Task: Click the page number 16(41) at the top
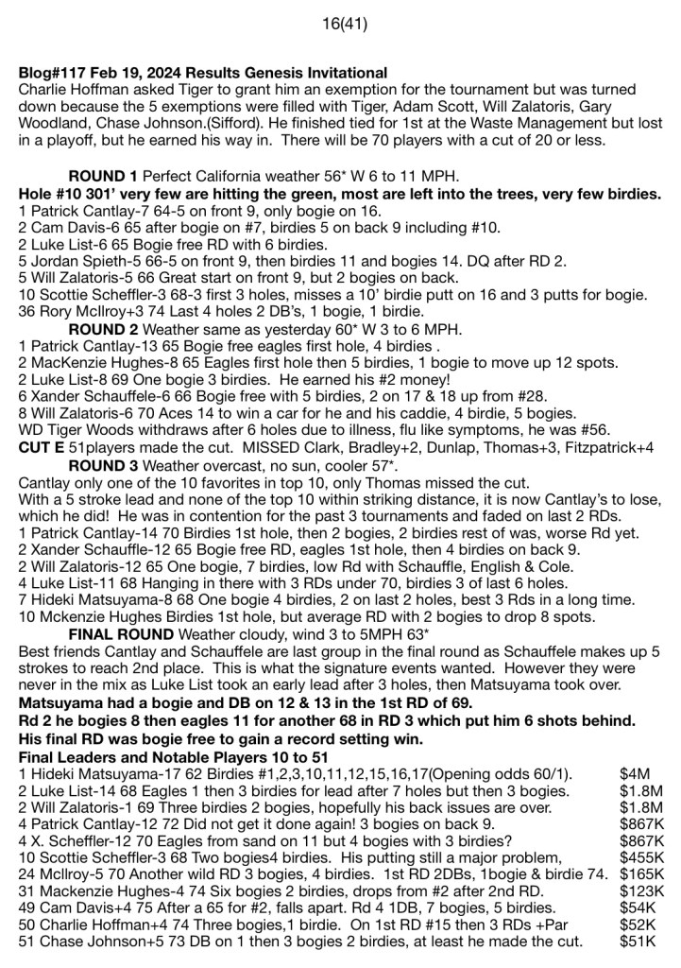[x=340, y=17]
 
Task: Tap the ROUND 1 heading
[x=104, y=177]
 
